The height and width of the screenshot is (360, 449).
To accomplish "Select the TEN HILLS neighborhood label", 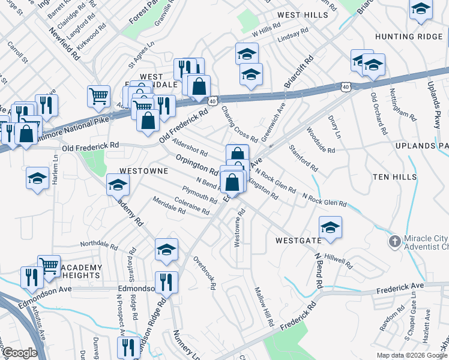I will point(394,176).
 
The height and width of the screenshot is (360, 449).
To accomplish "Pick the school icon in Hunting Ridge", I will point(421,9).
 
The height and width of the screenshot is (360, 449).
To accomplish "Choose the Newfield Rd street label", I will point(65,44).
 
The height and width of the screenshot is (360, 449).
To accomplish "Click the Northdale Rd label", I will point(98,245).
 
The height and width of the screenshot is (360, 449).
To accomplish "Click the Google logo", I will point(20,353).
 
